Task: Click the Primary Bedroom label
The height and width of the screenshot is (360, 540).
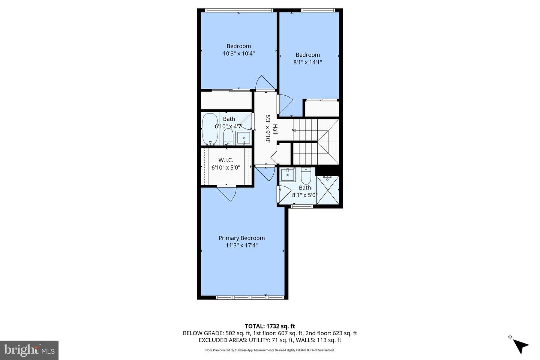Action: pyautogui.click(x=241, y=238)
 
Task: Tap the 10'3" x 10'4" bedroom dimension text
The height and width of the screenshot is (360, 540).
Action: pyautogui.click(x=239, y=54)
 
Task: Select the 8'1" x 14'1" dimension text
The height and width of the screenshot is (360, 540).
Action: pyautogui.click(x=307, y=63)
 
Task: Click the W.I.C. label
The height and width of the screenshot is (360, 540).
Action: pyautogui.click(x=226, y=160)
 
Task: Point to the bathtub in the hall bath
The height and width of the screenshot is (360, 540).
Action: pyautogui.click(x=209, y=129)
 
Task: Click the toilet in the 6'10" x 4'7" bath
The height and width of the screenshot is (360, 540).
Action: pyautogui.click(x=228, y=137)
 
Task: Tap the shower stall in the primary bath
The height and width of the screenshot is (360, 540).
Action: pyautogui.click(x=328, y=190)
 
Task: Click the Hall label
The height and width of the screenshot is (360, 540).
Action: pyautogui.click(x=275, y=129)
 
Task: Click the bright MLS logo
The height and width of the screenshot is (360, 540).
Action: pyautogui.click(x=29, y=350)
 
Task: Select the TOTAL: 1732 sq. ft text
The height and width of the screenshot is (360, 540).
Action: pyautogui.click(x=270, y=326)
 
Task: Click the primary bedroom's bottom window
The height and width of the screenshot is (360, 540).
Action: pyautogui.click(x=249, y=297)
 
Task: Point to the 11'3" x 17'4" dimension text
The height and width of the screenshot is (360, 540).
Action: pyautogui.click(x=241, y=246)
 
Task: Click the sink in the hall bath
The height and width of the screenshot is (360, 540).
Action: pyautogui.click(x=244, y=138)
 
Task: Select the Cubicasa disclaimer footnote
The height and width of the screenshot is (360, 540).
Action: pyautogui.click(x=270, y=350)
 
